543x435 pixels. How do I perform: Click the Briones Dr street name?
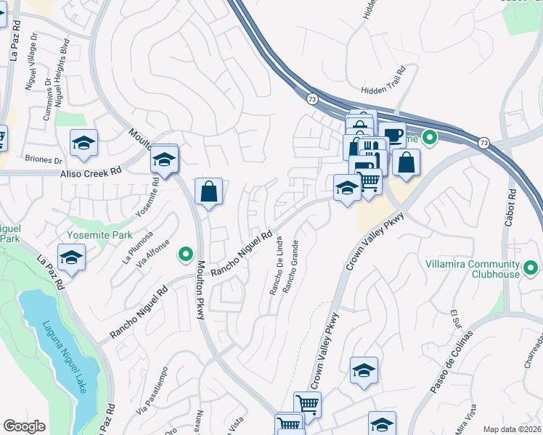44,159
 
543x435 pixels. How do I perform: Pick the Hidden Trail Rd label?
383,91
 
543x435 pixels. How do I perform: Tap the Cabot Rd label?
512,210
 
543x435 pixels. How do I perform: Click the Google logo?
24,426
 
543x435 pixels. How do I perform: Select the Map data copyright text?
512,429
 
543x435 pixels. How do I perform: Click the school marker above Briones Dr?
84,142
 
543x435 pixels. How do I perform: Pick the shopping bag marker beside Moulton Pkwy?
208,191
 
